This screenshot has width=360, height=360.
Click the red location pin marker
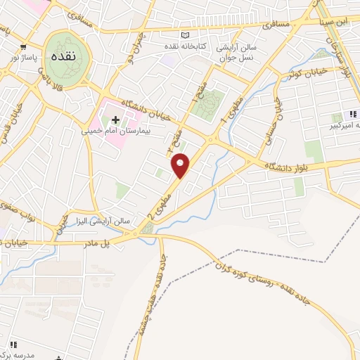181,165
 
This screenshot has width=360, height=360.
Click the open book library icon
185,36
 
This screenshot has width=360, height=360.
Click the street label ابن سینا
333,21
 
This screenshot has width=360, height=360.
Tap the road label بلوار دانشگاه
289,165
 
